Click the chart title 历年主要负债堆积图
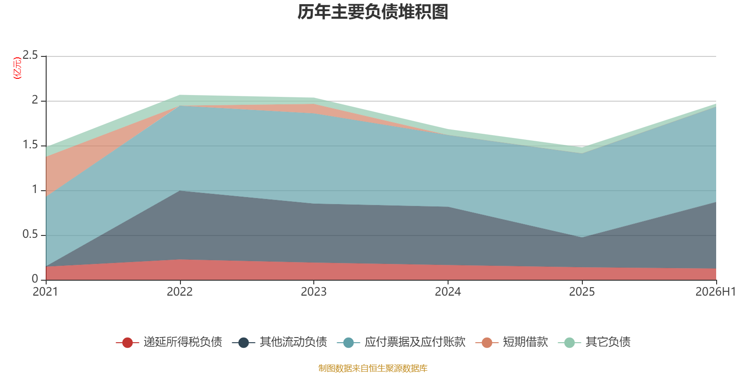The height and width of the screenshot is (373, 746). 373,12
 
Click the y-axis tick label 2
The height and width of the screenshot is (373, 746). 35,100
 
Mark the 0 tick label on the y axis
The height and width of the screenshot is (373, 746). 35,279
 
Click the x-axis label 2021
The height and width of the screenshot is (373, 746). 46,292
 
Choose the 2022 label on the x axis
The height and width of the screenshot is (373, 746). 180,292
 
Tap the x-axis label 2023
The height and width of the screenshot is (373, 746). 314,292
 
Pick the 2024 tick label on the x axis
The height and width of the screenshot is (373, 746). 448,292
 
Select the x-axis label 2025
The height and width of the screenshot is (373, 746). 582,292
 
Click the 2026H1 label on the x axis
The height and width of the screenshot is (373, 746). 715,292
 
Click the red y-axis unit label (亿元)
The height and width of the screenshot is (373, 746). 17,68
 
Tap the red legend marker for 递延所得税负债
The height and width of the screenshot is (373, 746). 128,342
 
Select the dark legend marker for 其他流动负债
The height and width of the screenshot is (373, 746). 244,342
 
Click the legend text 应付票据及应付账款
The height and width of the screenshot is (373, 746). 415,342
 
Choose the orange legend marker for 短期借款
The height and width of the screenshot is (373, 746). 487,342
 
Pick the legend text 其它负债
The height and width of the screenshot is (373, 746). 608,342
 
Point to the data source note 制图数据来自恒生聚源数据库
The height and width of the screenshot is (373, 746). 373,368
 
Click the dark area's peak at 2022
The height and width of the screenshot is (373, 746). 180,191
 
